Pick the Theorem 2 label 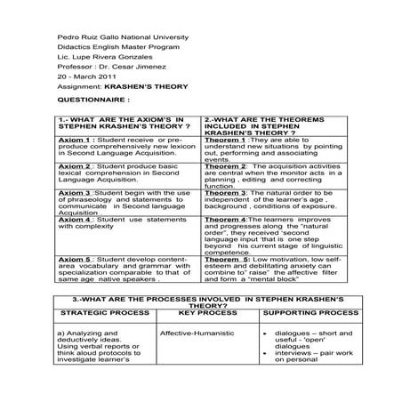[224, 165]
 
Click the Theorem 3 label [224, 192]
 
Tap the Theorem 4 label [224, 218]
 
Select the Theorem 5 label [224, 259]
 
